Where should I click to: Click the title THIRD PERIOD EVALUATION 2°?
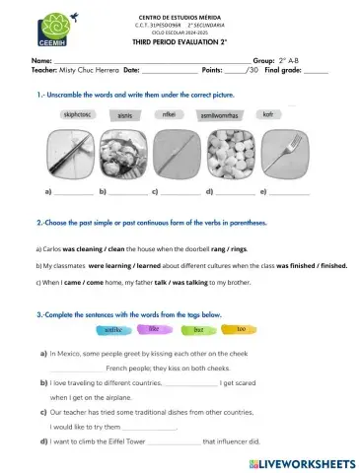click(x=180, y=44)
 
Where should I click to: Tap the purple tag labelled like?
click(x=155, y=328)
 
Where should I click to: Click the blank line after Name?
click(x=148, y=61)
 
